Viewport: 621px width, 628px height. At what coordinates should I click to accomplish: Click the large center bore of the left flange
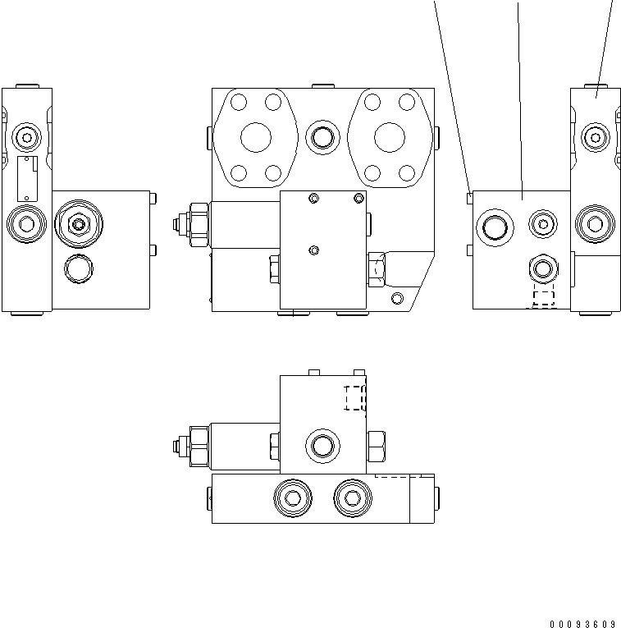[256, 138]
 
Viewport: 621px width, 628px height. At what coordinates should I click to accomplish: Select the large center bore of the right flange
[390, 138]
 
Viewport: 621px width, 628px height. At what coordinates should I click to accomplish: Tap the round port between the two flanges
[322, 137]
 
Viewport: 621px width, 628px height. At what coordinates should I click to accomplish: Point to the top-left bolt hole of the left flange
[239, 103]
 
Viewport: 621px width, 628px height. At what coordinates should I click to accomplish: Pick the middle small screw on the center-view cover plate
[313, 250]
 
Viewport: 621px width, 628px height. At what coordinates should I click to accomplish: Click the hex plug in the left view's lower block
[78, 222]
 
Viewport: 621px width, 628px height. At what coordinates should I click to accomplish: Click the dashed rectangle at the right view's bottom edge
[543, 299]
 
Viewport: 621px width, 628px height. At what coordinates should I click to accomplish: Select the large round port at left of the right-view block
[495, 224]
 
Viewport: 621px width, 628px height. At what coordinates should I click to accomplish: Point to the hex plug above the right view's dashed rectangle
[543, 267]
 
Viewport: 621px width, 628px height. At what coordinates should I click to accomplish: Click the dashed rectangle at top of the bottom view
[355, 397]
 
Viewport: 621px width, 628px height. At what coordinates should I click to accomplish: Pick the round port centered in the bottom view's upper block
[321, 447]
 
